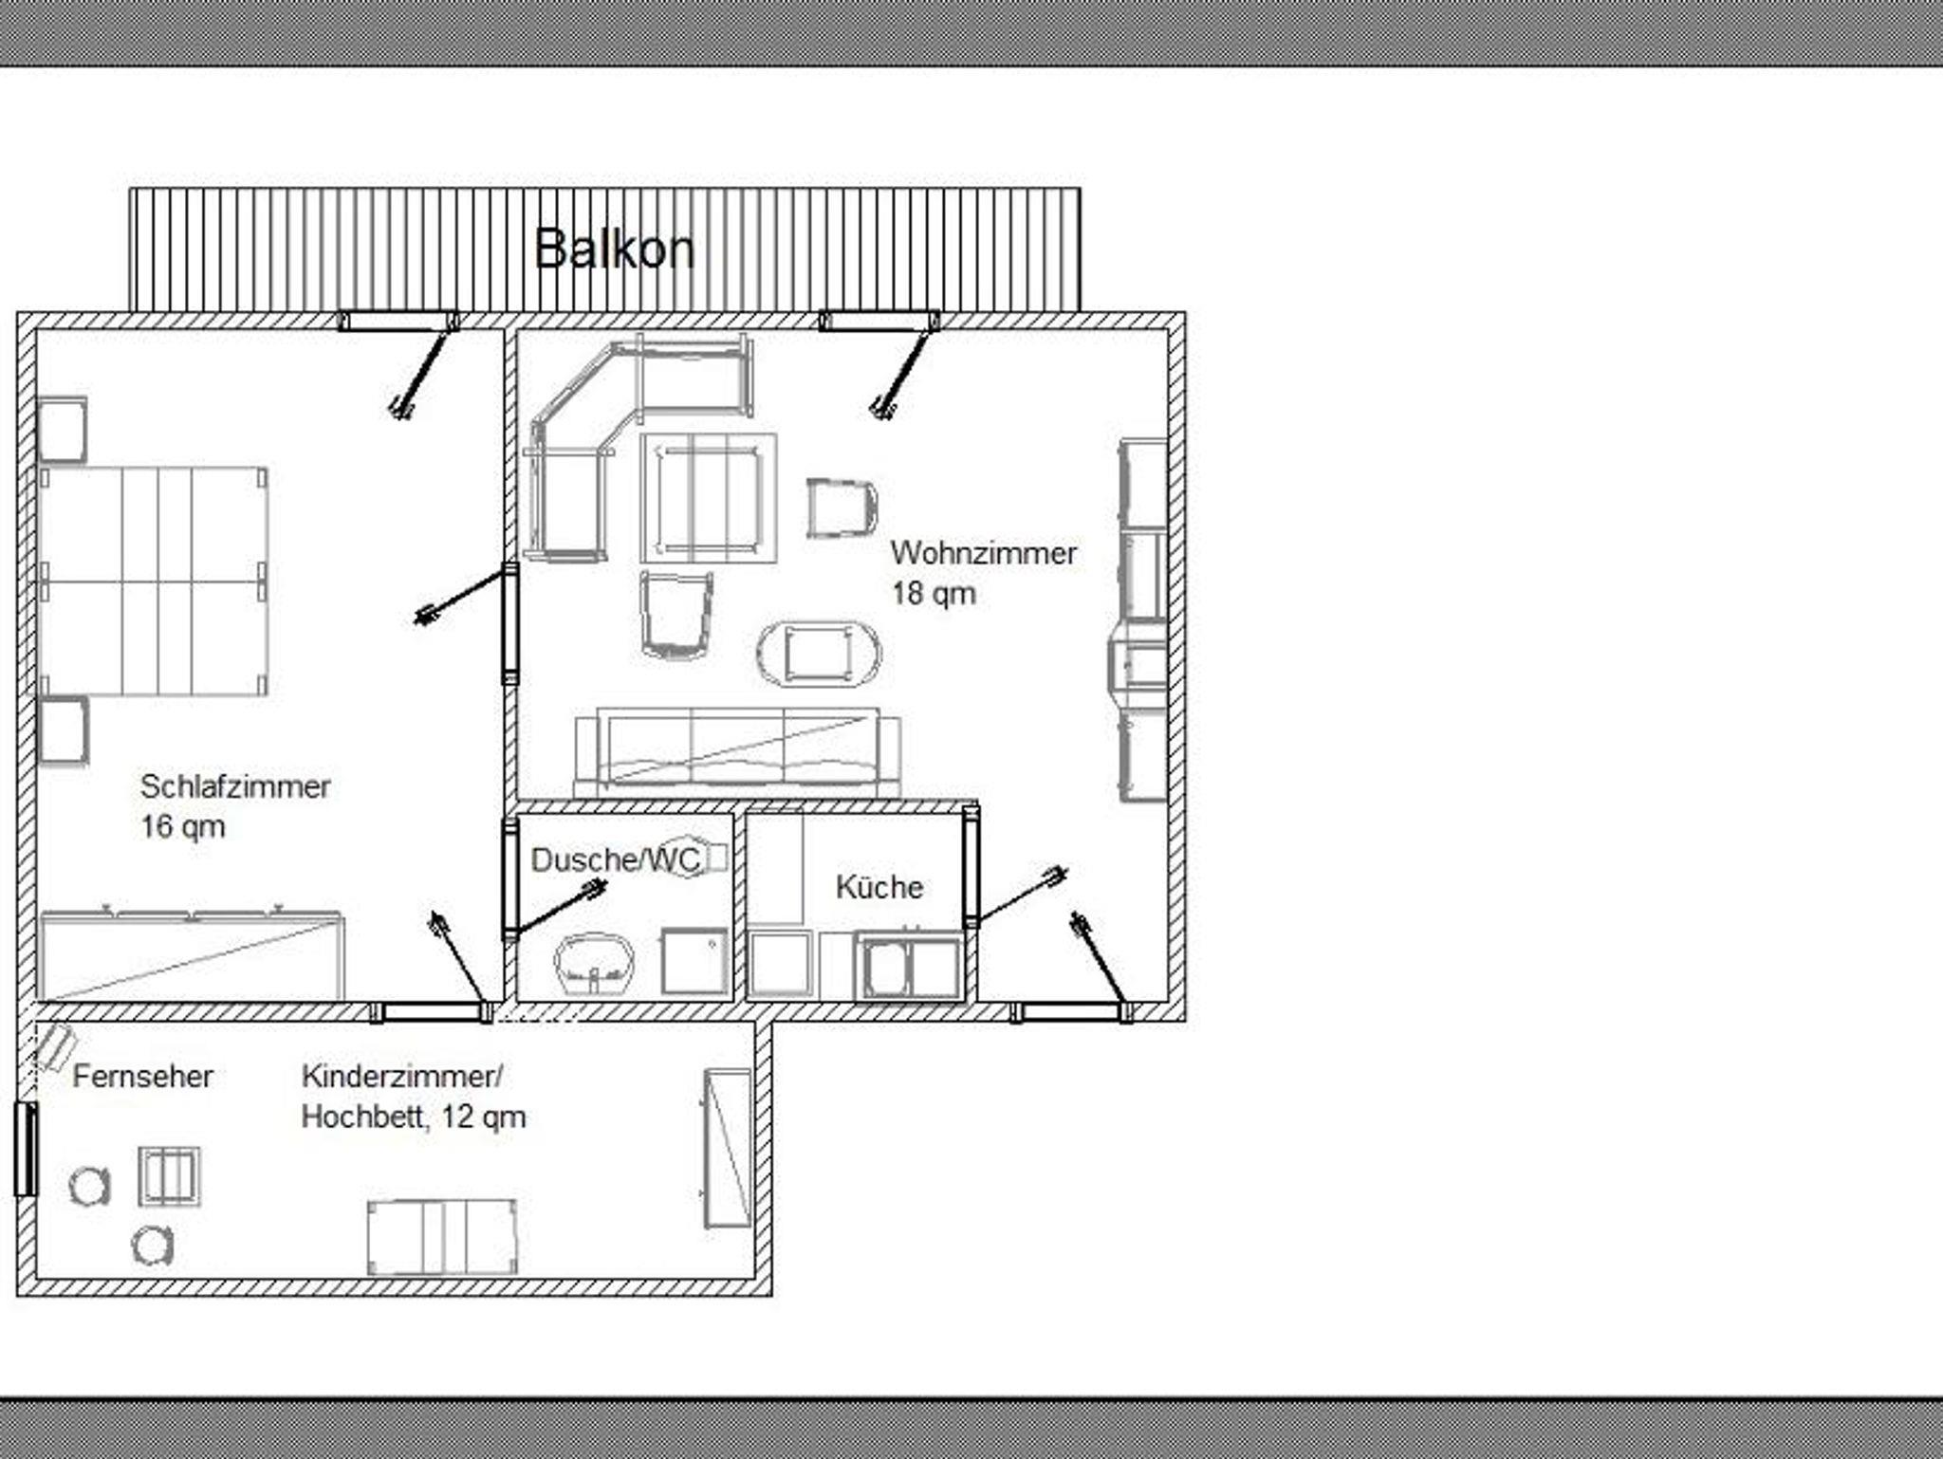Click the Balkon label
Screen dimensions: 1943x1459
click(615, 249)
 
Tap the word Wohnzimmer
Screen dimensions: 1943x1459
click(984, 553)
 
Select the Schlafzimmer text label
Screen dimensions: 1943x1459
click(235, 786)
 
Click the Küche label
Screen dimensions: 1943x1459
click(879, 887)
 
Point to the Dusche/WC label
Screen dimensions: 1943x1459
click(616, 859)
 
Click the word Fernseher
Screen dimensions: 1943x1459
click(142, 1076)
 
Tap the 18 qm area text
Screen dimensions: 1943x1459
click(934, 594)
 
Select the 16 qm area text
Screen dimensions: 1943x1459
click(183, 826)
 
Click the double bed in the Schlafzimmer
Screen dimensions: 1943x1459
click(154, 581)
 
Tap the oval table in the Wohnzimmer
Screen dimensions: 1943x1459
click(819, 654)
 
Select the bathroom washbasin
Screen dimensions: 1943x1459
click(594, 964)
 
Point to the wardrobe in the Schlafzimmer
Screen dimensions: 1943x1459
click(191, 954)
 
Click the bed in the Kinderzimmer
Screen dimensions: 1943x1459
click(442, 1237)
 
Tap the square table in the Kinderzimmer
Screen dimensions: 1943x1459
click(170, 1176)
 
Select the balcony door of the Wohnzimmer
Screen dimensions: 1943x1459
click(879, 321)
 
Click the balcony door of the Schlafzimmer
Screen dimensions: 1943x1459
click(398, 321)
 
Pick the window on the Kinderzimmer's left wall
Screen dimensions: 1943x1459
click(26, 1149)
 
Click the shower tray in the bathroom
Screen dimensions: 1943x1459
click(694, 961)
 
